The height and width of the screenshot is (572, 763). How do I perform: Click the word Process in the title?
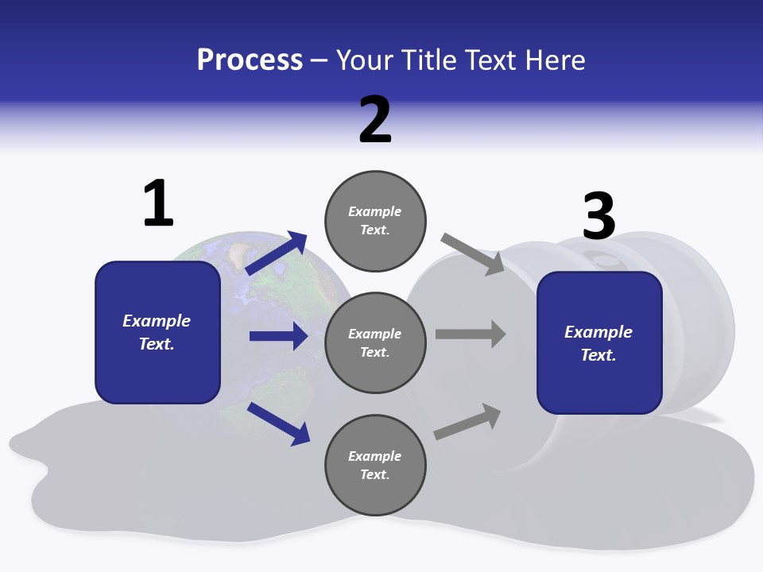pos(250,60)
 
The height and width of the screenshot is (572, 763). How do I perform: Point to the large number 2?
pos(375,120)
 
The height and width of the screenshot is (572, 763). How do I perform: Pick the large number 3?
pos(598,216)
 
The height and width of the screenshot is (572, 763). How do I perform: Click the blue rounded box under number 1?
pos(157,332)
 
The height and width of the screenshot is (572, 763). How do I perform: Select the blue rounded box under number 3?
pos(599,343)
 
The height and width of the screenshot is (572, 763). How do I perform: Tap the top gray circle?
pos(375,220)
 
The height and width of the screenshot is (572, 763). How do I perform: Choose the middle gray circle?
pos(375,342)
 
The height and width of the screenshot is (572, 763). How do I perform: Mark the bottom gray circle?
pos(375,465)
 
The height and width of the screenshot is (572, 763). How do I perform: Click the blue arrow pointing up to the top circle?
pos(277,253)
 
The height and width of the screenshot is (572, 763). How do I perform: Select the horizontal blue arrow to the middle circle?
pos(278,336)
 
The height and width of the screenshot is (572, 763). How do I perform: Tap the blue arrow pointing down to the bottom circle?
pos(279,423)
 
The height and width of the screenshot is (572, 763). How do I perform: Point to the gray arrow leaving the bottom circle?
pos(467,422)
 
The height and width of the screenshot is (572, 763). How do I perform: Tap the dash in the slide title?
pos(320,60)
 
